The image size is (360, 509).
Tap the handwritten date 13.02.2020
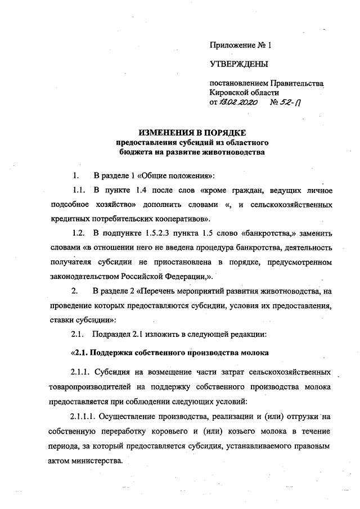236,103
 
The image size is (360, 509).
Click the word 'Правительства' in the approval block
298,83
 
